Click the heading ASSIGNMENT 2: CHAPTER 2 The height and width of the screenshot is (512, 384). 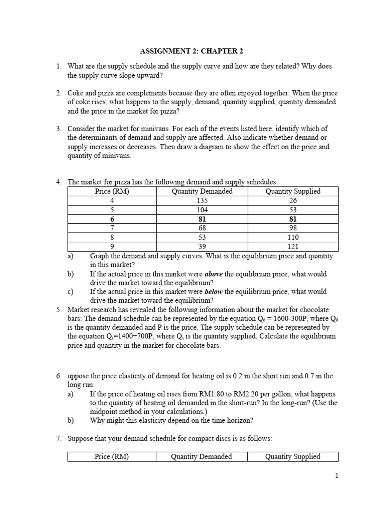191,52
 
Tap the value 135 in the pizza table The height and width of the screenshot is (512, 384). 202,201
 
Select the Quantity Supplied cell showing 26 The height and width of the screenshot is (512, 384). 293,201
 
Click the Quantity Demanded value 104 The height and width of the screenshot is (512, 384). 202,210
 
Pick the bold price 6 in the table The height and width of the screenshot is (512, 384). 112,219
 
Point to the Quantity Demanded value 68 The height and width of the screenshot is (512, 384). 202,228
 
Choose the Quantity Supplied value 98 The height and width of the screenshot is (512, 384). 293,228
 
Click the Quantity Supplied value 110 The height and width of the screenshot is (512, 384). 293,238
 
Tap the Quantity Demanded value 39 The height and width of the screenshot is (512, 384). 202,247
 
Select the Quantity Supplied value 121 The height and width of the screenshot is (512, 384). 293,247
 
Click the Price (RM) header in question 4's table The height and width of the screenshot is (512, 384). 112,191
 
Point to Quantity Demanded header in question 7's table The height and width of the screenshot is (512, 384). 201,456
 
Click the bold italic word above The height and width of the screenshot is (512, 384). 214,274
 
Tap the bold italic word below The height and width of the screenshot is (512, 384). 214,292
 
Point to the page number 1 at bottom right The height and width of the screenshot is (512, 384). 337,476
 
